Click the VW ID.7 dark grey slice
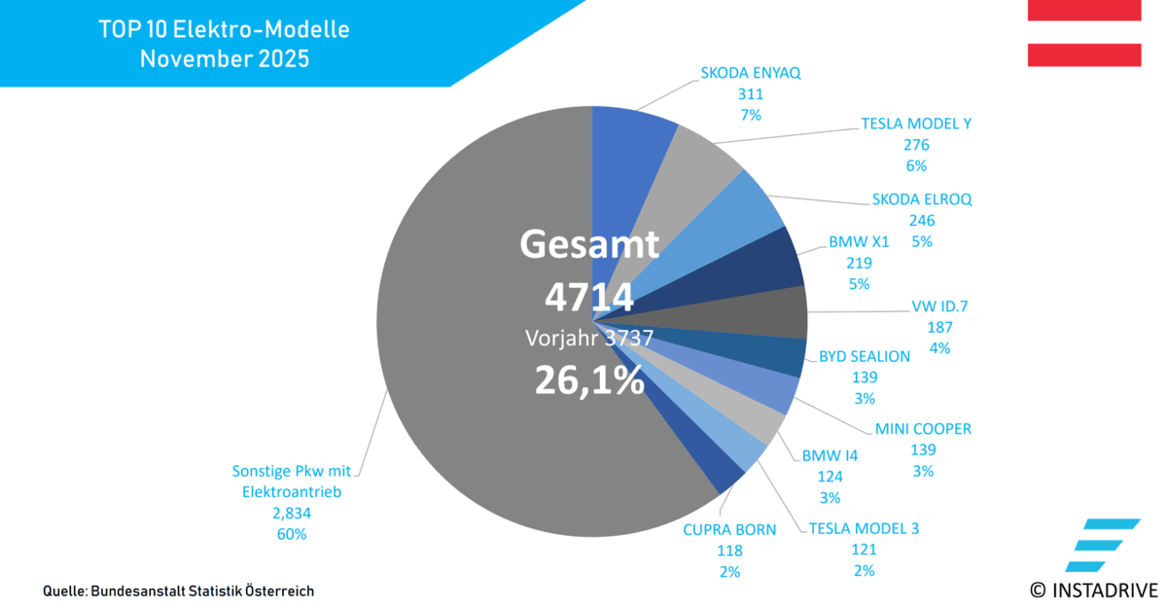[x=778, y=313]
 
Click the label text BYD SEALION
[x=865, y=356]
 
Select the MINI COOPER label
[x=923, y=429]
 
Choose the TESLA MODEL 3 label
[x=863, y=528]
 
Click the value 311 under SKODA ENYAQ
[x=751, y=94]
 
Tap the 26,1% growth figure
[x=589, y=379]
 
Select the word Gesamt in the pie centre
[x=589, y=244]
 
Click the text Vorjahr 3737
[x=589, y=338]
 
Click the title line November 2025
[x=224, y=58]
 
